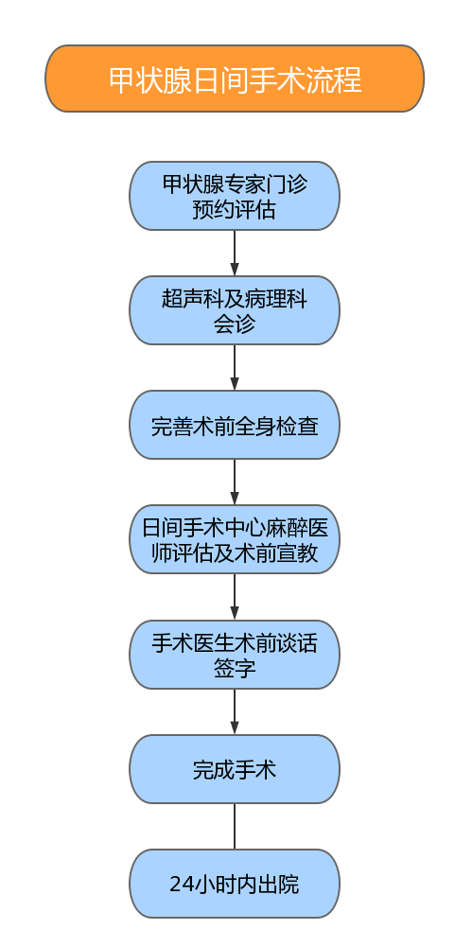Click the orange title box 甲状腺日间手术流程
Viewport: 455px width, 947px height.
tap(235, 79)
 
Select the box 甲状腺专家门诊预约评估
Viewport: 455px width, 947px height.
tap(235, 196)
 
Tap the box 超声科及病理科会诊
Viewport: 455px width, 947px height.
tap(235, 310)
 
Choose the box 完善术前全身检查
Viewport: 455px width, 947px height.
tap(235, 425)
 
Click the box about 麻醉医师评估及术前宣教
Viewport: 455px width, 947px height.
tap(235, 539)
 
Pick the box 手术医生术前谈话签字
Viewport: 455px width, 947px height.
tap(235, 655)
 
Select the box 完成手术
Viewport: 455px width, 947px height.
tap(235, 769)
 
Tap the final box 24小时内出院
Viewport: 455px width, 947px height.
tap(235, 884)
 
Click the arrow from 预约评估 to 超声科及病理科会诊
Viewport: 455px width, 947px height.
tap(235, 253)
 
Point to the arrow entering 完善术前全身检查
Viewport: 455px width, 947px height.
tap(235, 368)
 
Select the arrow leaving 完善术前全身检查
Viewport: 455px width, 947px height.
tap(235, 482)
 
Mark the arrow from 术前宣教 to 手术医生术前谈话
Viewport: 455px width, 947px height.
tap(235, 597)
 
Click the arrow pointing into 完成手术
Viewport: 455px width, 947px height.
tap(235, 712)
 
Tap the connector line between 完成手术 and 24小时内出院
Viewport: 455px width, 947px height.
tap(235, 826)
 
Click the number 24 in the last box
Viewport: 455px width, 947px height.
tap(181, 885)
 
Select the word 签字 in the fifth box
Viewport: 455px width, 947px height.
tap(235, 668)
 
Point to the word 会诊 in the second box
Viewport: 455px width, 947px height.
tap(235, 324)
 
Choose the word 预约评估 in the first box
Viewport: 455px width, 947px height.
tap(235, 210)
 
